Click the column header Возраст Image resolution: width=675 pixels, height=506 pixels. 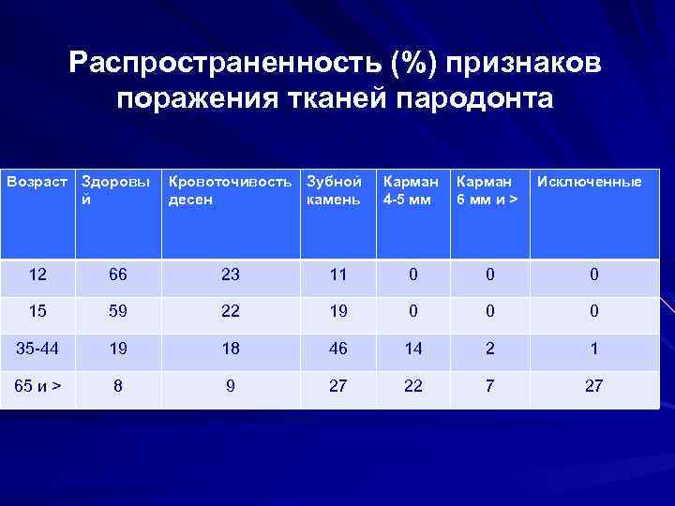tap(38, 182)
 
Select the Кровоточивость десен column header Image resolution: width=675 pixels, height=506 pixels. tap(230, 190)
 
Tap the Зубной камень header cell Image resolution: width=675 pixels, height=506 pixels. tap(334, 190)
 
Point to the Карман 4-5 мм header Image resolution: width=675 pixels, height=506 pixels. tap(406, 190)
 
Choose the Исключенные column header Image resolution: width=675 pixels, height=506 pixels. tap(589, 182)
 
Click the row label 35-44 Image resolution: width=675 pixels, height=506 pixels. tap(38, 349)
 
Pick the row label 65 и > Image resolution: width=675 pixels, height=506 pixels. tap(38, 385)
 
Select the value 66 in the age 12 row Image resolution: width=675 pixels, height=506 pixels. tap(117, 275)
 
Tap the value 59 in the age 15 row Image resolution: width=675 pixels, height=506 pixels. tap(117, 312)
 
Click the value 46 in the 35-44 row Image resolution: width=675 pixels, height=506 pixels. tap(337, 349)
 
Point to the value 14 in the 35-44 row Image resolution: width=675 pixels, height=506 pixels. tap(412, 349)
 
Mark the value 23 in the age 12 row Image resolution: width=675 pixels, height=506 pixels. tap(231, 275)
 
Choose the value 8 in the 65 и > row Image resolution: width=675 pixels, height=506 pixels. tap(117, 385)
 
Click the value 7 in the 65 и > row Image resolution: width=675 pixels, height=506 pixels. tap(489, 385)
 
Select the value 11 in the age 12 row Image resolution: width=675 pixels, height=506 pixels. tap(337, 275)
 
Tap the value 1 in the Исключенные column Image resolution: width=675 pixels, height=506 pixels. tap(593, 349)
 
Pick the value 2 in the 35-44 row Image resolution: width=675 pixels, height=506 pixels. tap(489, 349)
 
